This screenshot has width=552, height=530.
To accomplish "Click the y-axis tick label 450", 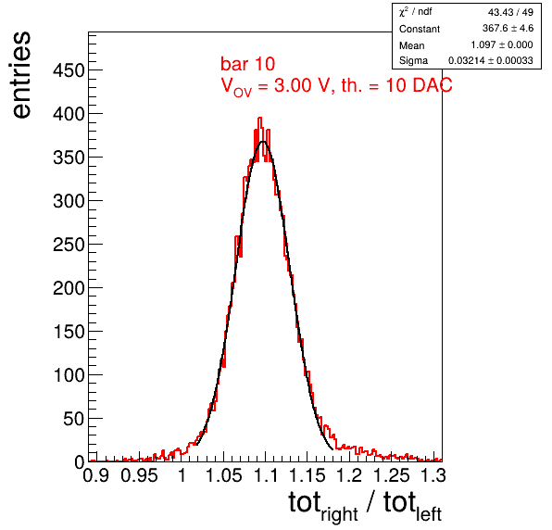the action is [x=69, y=70].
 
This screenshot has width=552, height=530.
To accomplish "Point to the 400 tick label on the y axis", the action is [x=69, y=114].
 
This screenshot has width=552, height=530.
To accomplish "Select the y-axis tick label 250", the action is [x=69, y=245].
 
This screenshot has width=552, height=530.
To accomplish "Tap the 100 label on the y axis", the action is [x=69, y=375].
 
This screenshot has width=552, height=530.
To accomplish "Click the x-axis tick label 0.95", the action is [x=139, y=475].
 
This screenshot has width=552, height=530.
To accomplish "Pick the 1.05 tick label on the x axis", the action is [x=223, y=475].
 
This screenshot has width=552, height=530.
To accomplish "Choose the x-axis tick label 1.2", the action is [x=349, y=475].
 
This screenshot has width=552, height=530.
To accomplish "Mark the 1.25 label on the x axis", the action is [x=392, y=475].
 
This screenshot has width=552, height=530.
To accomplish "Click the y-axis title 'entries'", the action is [x=22, y=75].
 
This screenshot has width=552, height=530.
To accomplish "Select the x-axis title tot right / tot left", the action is [x=365, y=506].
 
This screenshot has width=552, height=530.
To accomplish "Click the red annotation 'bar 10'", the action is [x=248, y=64].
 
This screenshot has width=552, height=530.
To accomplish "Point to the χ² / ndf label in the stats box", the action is [x=416, y=12].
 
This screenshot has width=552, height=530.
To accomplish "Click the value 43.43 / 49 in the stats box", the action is [x=510, y=12].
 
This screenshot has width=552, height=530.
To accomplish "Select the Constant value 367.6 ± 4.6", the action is [x=508, y=28].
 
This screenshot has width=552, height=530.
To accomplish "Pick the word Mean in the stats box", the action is [x=411, y=45].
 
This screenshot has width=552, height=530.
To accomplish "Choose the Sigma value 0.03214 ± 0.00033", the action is [x=490, y=60].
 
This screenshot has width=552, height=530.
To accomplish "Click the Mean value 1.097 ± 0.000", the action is [x=502, y=44].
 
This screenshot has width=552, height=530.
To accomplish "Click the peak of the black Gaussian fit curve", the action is [x=263, y=142].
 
